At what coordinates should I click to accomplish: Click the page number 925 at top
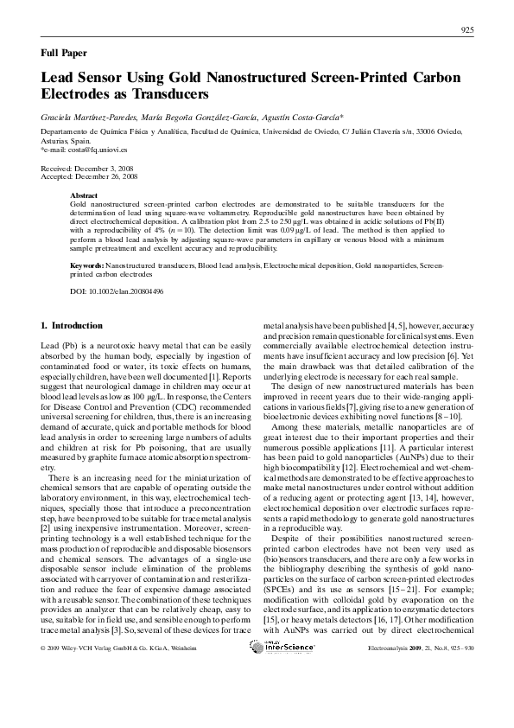pos(466,31)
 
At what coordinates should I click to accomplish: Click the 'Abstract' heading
pos(84,196)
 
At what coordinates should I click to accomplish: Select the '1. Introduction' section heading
pos(72,326)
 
